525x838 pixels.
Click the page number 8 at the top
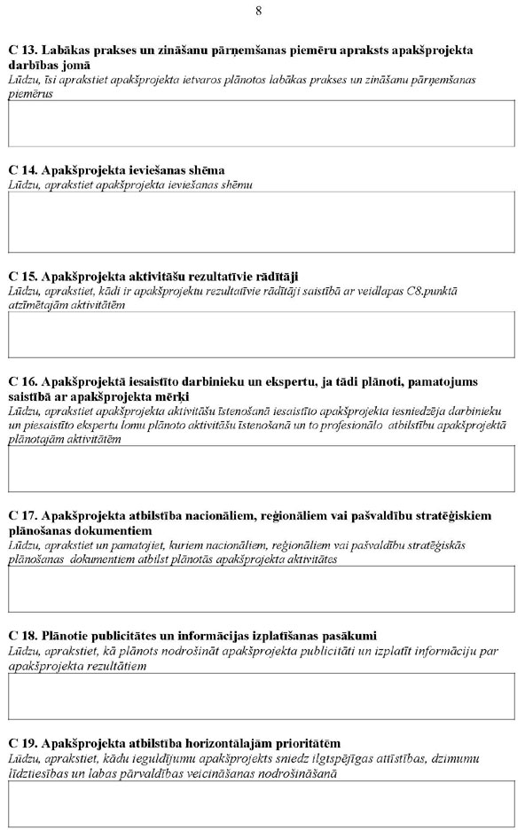pyautogui.click(x=258, y=11)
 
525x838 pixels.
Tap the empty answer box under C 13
pyautogui.click(x=261, y=123)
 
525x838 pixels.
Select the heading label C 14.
pyautogui.click(x=22, y=170)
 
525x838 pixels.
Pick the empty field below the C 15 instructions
pyautogui.click(x=261, y=334)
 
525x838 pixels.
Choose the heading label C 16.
pyautogui.click(x=22, y=382)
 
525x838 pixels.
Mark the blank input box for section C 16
pyautogui.click(x=261, y=468)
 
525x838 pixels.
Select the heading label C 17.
pyautogui.click(x=22, y=515)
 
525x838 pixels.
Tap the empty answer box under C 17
pyautogui.click(x=261, y=590)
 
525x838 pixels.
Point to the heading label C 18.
pyautogui.click(x=22, y=636)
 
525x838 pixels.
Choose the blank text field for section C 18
pyautogui.click(x=261, y=696)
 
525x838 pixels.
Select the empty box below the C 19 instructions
pyautogui.click(x=261, y=803)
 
